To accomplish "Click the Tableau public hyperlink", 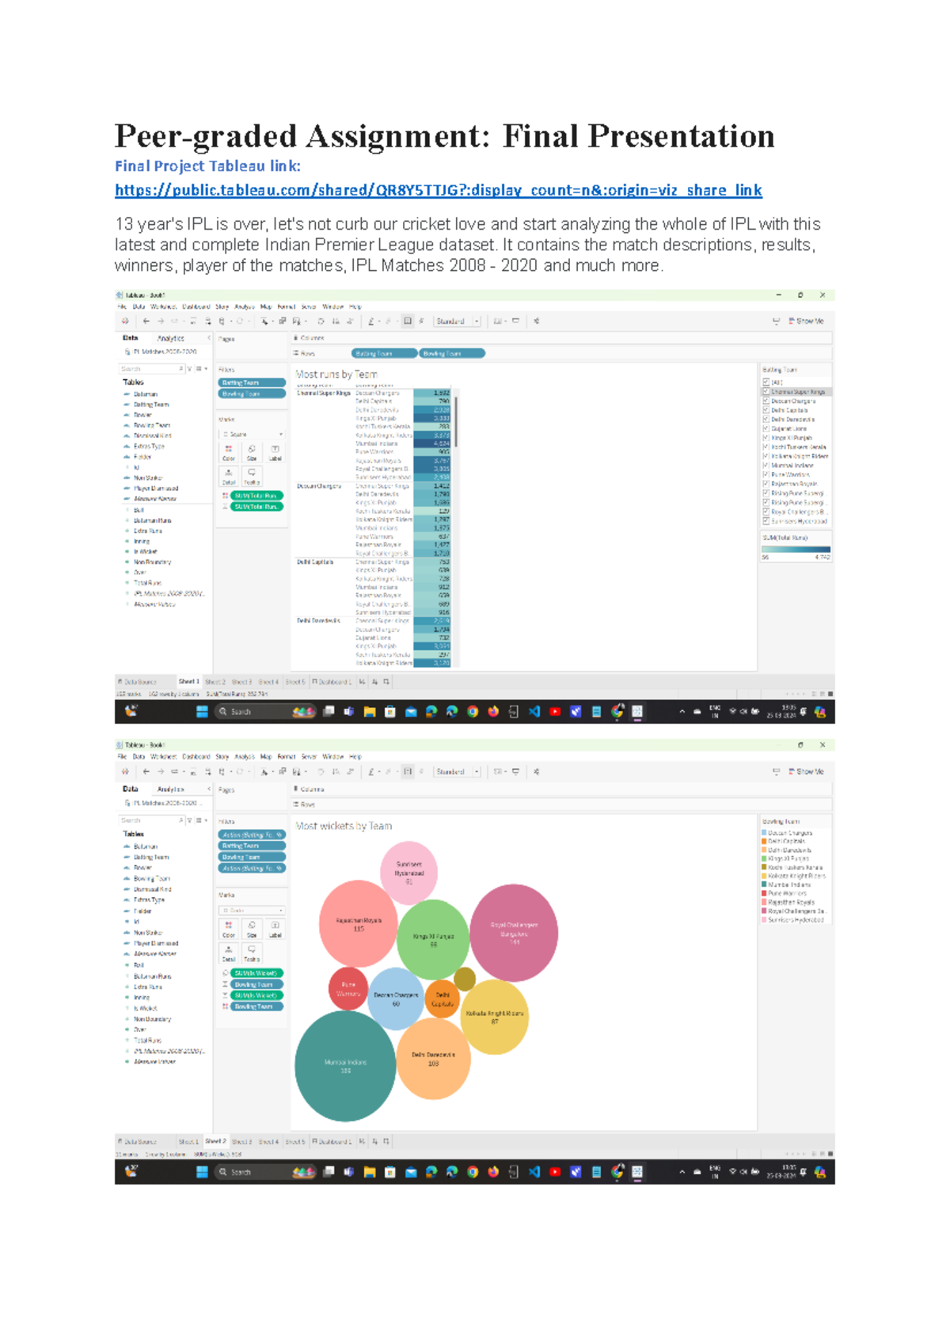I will (x=438, y=190).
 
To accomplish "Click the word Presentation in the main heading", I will (x=681, y=137).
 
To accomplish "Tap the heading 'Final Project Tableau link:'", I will (x=207, y=166).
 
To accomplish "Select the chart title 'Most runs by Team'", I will (x=336, y=375).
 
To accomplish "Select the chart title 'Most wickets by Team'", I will (x=344, y=826).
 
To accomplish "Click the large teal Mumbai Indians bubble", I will (x=345, y=1066).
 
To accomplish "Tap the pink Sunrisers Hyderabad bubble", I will (x=408, y=871).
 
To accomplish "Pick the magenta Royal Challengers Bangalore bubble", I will (x=514, y=933).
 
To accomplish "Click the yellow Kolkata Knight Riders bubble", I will (x=494, y=1017).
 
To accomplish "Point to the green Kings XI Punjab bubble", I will (x=433, y=939).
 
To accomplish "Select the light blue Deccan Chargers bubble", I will (x=396, y=999).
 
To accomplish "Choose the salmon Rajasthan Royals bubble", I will (x=359, y=923).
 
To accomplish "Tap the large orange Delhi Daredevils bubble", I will (x=433, y=1059).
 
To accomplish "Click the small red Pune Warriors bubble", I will (x=348, y=989).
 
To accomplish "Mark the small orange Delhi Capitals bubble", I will (x=442, y=999).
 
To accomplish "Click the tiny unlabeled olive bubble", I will (x=465, y=980).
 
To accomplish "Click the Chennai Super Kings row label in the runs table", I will (x=323, y=393).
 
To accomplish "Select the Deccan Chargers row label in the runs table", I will (x=318, y=486).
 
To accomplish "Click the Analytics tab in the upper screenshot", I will (x=170, y=338).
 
